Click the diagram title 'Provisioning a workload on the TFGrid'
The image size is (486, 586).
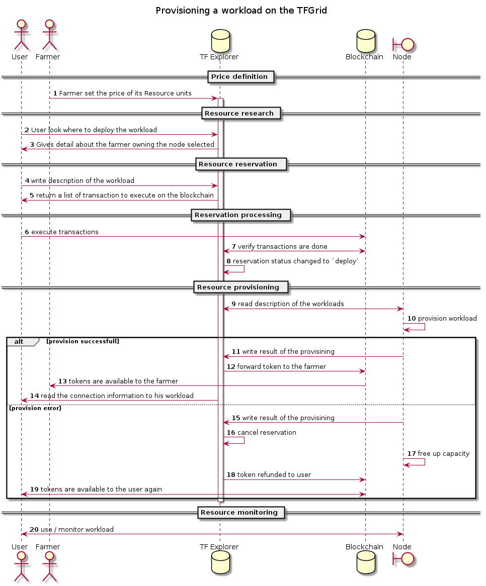point(241,11)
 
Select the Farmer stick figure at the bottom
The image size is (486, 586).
point(49,569)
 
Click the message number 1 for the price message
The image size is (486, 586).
point(55,93)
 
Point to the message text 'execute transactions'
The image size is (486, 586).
point(65,232)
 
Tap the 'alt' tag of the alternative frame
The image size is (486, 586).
point(19,342)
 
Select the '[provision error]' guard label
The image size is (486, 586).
point(35,408)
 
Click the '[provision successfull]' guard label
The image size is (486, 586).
point(83,342)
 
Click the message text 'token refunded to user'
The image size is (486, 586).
point(274,475)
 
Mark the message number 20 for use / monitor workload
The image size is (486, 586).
point(34,530)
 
